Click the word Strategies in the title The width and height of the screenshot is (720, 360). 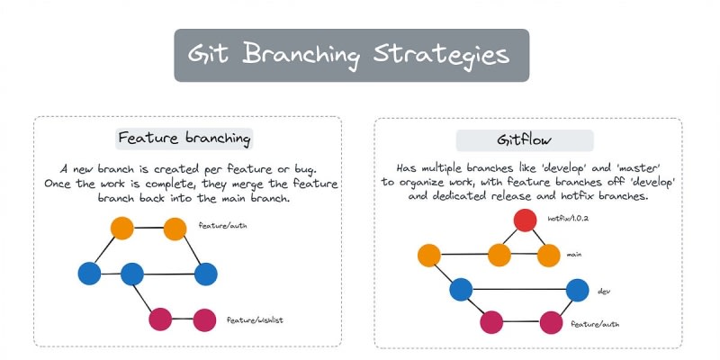pyautogui.click(x=441, y=55)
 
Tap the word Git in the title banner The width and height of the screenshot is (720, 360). pyautogui.click(x=210, y=54)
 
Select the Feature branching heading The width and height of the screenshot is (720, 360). pyautogui.click(x=184, y=139)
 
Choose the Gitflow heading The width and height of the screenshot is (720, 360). pyautogui.click(x=524, y=140)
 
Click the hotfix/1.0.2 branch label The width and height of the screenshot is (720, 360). pyautogui.click(x=568, y=219)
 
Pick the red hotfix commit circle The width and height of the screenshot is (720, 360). pyautogui.click(x=526, y=220)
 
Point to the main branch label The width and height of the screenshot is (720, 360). pyautogui.click(x=574, y=254)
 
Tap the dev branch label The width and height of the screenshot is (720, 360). pyautogui.click(x=604, y=291)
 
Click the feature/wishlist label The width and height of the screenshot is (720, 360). pyautogui.click(x=255, y=320)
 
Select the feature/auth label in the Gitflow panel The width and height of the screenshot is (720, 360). pyautogui.click(x=595, y=324)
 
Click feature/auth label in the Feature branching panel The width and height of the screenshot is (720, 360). pyautogui.click(x=222, y=226)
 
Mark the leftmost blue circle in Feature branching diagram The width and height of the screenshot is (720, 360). pyautogui.click(x=89, y=274)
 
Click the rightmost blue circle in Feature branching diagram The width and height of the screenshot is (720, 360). pyautogui.click(x=206, y=274)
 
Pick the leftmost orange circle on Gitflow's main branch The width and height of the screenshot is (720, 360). pyautogui.click(x=429, y=256)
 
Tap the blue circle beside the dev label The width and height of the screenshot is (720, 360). pyautogui.click(x=578, y=290)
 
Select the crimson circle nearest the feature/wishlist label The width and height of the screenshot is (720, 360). pyautogui.click(x=205, y=320)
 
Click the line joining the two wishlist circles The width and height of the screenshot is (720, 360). pyautogui.click(x=183, y=319)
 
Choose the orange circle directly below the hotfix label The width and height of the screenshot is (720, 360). pyautogui.click(x=549, y=256)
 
